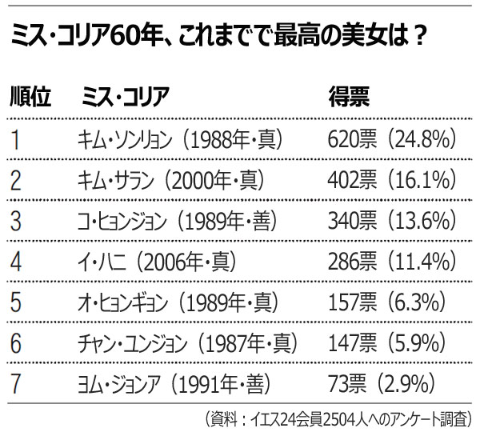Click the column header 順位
point(31,98)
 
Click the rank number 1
point(16,140)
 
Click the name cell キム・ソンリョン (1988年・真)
point(178,140)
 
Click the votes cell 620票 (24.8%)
point(392,140)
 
